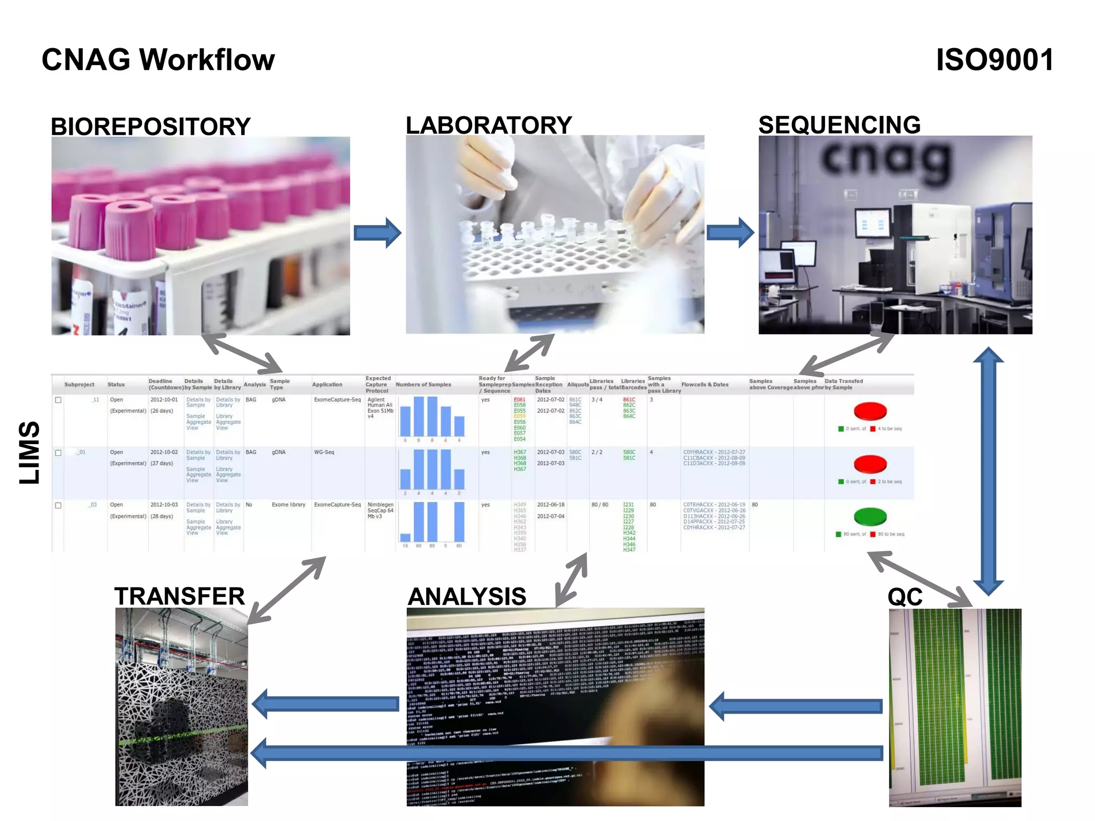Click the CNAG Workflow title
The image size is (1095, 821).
158,59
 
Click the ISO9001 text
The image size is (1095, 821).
994,59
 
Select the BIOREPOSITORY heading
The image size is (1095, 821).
150,127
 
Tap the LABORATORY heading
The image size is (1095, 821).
489,126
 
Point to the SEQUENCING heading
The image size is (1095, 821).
839,125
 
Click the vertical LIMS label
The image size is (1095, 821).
29,452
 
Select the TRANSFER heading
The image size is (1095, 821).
180,596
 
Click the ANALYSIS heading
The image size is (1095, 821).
467,597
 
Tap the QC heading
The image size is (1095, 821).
905,597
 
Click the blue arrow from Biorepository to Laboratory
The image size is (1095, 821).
377,233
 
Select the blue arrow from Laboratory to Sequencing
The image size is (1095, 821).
730,233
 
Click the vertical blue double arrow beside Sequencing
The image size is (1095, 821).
988,470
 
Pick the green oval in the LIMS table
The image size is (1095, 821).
870,516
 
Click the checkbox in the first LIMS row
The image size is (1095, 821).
58,400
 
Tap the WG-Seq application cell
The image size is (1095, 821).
324,452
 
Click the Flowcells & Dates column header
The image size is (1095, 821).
705,384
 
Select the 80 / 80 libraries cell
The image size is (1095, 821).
599,505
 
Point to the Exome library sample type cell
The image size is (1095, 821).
288,505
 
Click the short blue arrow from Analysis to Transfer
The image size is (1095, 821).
326,704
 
